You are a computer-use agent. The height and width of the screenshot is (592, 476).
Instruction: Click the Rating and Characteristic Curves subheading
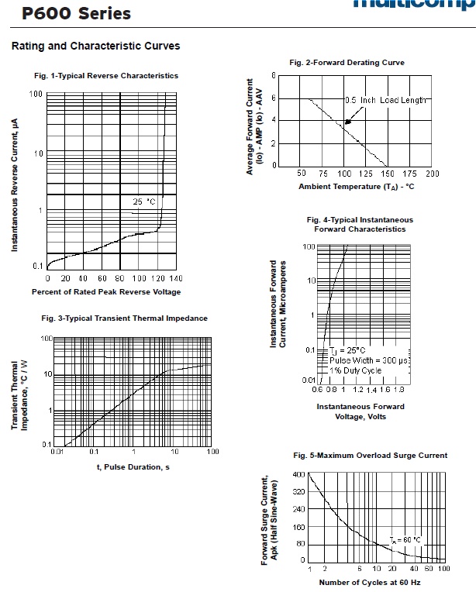point(95,46)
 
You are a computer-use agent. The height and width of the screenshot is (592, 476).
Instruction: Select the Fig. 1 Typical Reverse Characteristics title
point(106,76)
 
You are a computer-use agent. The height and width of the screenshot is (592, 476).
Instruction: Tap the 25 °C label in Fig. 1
point(144,201)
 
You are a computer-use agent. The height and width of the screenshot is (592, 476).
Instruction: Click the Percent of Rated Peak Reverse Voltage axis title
point(106,292)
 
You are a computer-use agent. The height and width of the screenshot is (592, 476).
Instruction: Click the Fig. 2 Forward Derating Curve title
point(347,63)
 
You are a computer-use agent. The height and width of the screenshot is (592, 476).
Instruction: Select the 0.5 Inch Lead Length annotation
point(386,101)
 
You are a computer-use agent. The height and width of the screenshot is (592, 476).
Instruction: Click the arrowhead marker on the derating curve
point(348,121)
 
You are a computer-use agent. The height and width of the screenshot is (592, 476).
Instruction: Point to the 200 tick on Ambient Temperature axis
point(432,174)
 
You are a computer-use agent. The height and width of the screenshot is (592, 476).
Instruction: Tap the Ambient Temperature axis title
point(356,187)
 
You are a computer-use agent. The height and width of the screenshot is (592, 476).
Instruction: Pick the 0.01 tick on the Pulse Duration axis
point(57,451)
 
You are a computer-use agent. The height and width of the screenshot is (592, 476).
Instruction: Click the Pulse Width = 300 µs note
point(368,360)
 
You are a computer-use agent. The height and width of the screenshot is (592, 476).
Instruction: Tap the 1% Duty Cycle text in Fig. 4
point(356,370)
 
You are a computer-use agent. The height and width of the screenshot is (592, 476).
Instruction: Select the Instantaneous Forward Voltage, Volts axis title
point(360,411)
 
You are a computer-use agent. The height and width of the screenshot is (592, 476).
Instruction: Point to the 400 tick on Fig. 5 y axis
point(299,473)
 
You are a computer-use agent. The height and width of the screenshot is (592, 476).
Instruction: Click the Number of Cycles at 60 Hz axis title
point(368,582)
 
